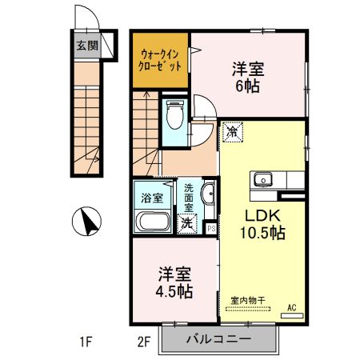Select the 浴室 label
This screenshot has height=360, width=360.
[152, 196]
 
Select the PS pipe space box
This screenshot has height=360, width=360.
[211, 227]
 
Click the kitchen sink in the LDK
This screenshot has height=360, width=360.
[264, 179]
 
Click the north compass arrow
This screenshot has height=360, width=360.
[88, 220]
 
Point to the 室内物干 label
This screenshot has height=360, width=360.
[248, 301]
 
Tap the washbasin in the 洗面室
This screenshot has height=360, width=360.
[207, 194]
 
